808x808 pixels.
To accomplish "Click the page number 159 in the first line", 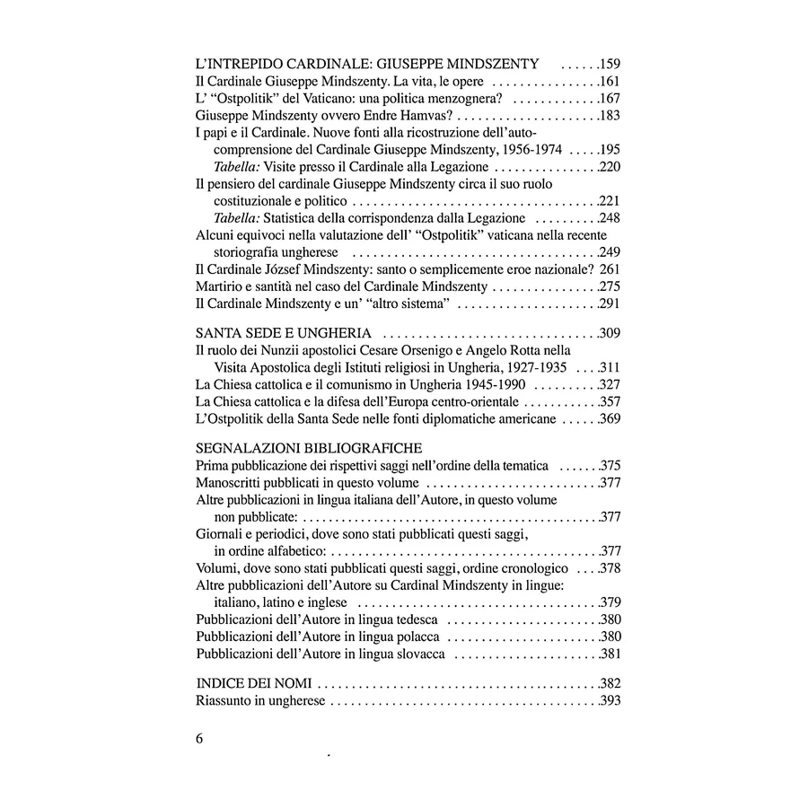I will tap(610, 65).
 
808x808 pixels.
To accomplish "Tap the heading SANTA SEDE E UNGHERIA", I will tap(284, 334).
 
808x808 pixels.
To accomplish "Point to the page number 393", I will tap(610, 700).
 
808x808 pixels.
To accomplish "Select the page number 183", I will tap(610, 116).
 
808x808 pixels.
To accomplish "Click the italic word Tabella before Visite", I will tap(237, 167).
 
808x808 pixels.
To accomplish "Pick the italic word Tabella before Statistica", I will tap(237, 218).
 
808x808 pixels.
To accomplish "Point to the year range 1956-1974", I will tap(519, 150).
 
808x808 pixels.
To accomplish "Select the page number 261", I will tap(610, 268).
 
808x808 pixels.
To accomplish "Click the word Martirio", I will tap(220, 285).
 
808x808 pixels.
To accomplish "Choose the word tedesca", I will tap(413, 619).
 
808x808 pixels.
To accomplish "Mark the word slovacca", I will tap(416, 654).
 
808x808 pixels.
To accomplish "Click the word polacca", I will tap(414, 637).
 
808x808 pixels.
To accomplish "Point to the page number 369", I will tap(610, 418).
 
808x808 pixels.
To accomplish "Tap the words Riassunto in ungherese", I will tap(260, 700).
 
